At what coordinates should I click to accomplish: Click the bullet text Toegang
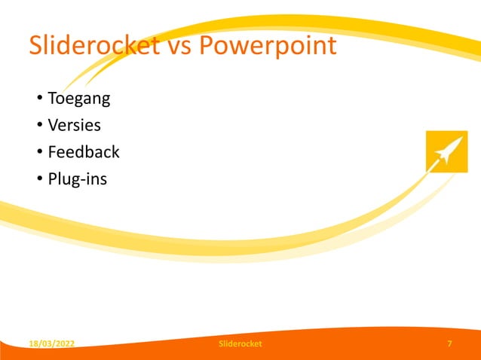pyautogui.click(x=79, y=99)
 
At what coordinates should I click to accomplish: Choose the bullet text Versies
pyautogui.click(x=74, y=125)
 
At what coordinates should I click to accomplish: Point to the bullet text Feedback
pyautogui.click(x=84, y=152)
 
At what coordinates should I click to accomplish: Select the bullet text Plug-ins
pyautogui.click(x=78, y=179)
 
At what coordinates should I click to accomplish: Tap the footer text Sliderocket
pyautogui.click(x=240, y=344)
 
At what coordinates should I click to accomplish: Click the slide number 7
pyautogui.click(x=450, y=344)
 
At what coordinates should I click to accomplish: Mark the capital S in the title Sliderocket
pyautogui.click(x=36, y=46)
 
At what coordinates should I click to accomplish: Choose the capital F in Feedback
pyautogui.click(x=53, y=152)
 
